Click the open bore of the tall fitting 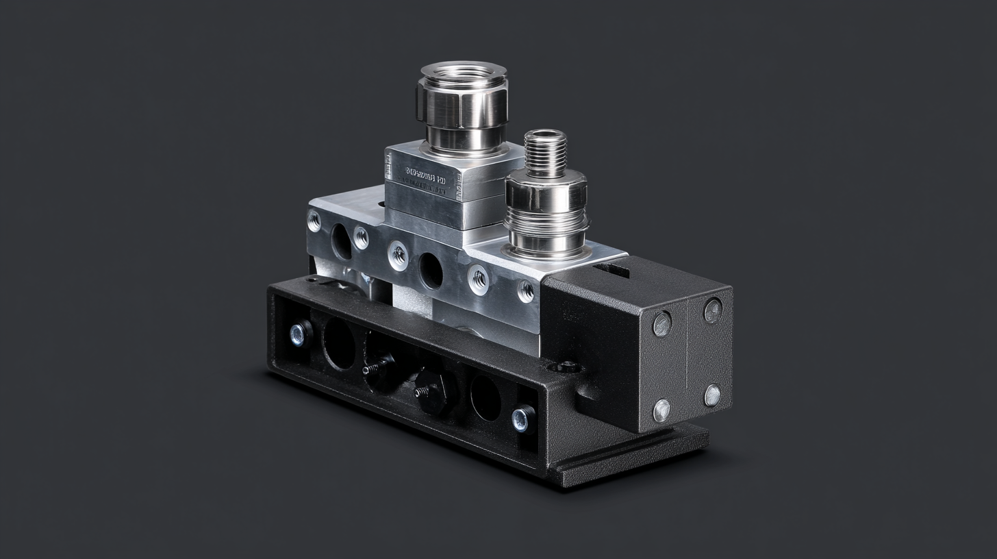tap(464, 71)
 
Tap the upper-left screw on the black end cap tap(661, 324)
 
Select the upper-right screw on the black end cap tap(713, 310)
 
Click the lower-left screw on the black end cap tap(661, 410)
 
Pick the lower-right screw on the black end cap tap(712, 395)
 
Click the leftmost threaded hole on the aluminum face tap(314, 221)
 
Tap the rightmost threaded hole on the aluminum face tap(525, 291)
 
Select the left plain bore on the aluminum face tap(342, 241)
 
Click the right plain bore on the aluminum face tap(431, 271)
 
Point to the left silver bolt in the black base tap(299, 334)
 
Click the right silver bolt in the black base tap(522, 418)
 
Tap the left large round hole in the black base tap(339, 344)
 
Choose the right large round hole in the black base tap(485, 398)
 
